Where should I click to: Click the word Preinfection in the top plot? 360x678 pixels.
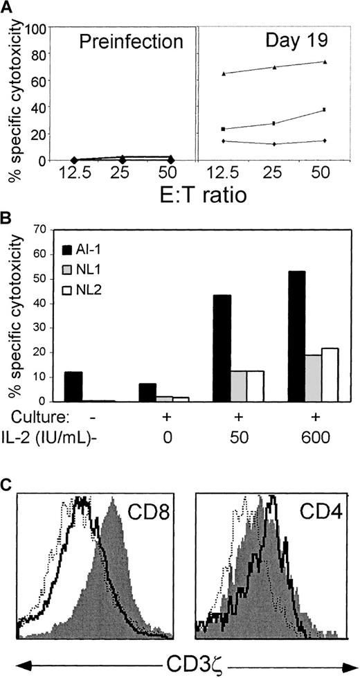click(x=131, y=42)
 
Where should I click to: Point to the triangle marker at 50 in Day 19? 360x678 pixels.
click(x=325, y=62)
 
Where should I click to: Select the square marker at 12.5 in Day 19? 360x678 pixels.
click(x=223, y=129)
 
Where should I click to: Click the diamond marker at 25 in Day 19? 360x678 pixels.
click(x=274, y=144)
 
